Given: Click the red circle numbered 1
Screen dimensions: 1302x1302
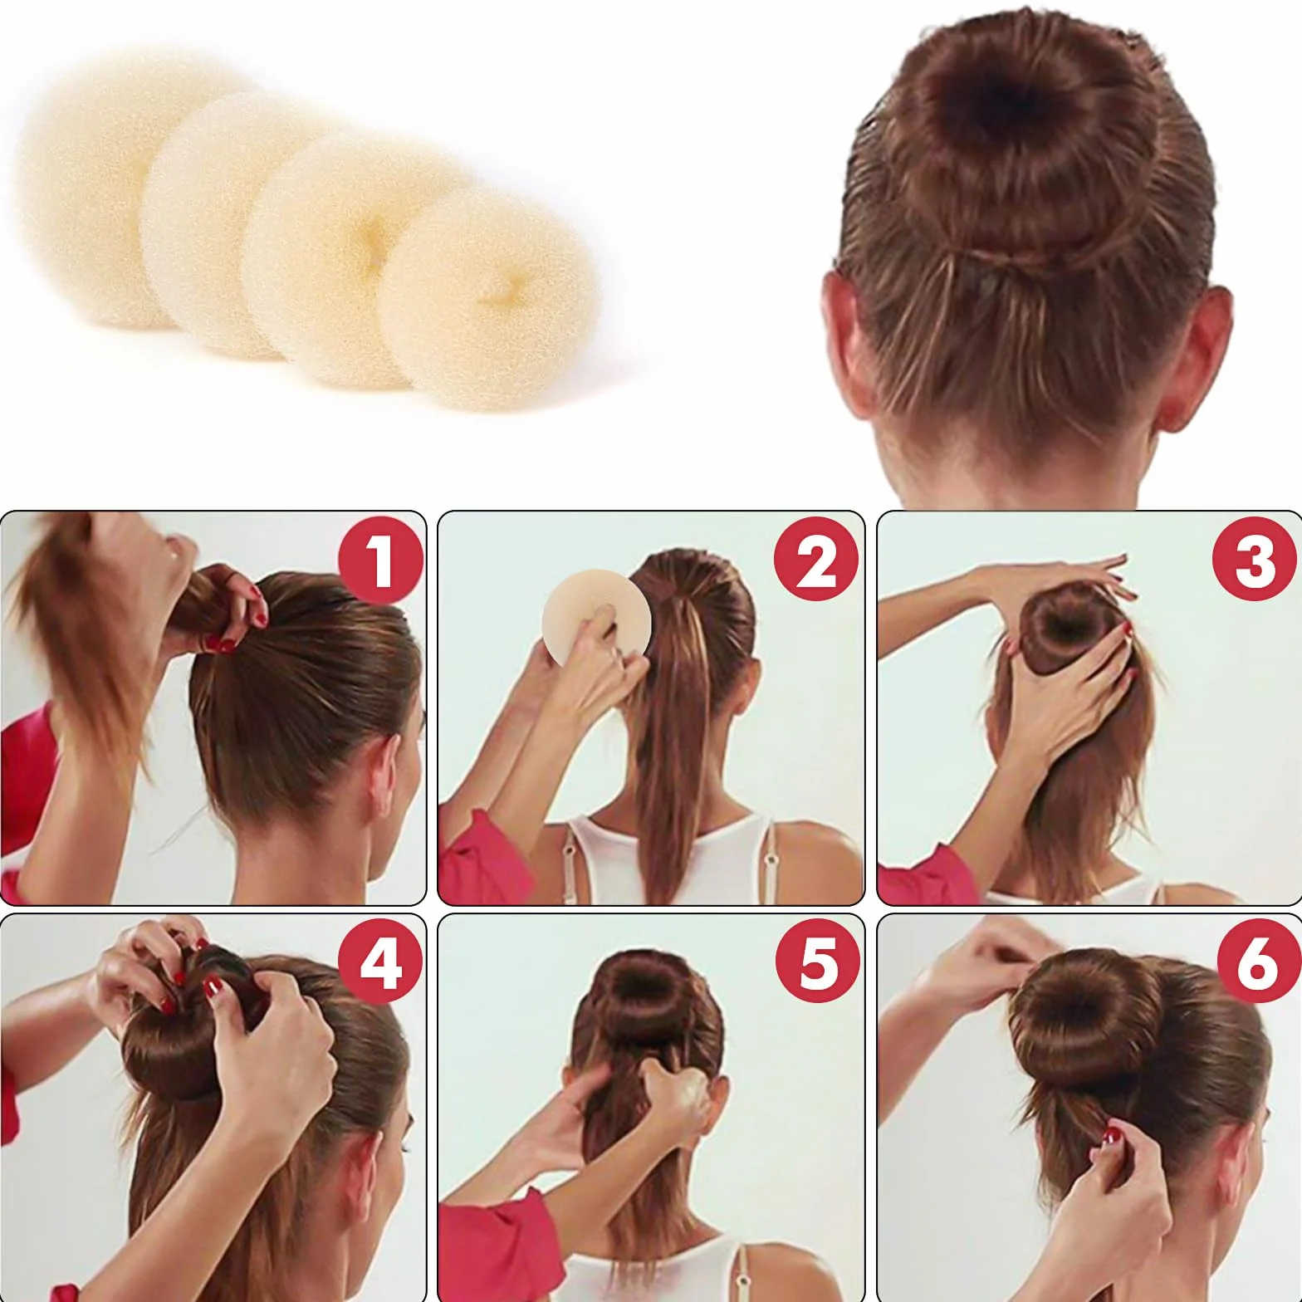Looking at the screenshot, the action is pyautogui.click(x=381, y=560).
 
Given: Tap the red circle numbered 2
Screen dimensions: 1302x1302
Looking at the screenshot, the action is pyautogui.click(x=817, y=560).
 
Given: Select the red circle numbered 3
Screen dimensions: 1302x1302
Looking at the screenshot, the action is pyautogui.click(x=1255, y=560).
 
